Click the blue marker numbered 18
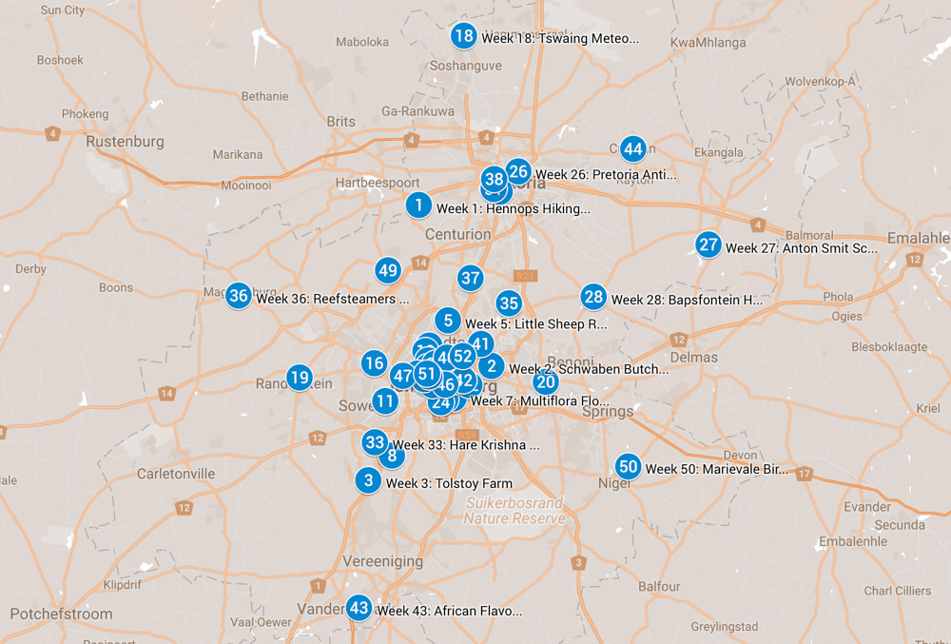(x=463, y=37)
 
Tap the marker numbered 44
(x=632, y=149)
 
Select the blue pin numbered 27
(x=708, y=245)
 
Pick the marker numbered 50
(x=628, y=467)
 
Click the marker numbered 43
(x=359, y=608)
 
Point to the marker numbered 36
(x=239, y=296)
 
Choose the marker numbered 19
(x=300, y=378)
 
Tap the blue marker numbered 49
(x=387, y=270)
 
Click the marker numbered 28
(x=593, y=297)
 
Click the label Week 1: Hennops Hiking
(x=513, y=208)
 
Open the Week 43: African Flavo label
(x=449, y=611)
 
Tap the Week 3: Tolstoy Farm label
(x=449, y=483)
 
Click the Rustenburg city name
(x=125, y=142)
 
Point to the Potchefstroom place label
(x=61, y=614)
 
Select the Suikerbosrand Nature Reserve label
(x=514, y=511)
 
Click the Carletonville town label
(x=176, y=473)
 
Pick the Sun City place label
(x=63, y=10)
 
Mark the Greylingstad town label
(x=723, y=627)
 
